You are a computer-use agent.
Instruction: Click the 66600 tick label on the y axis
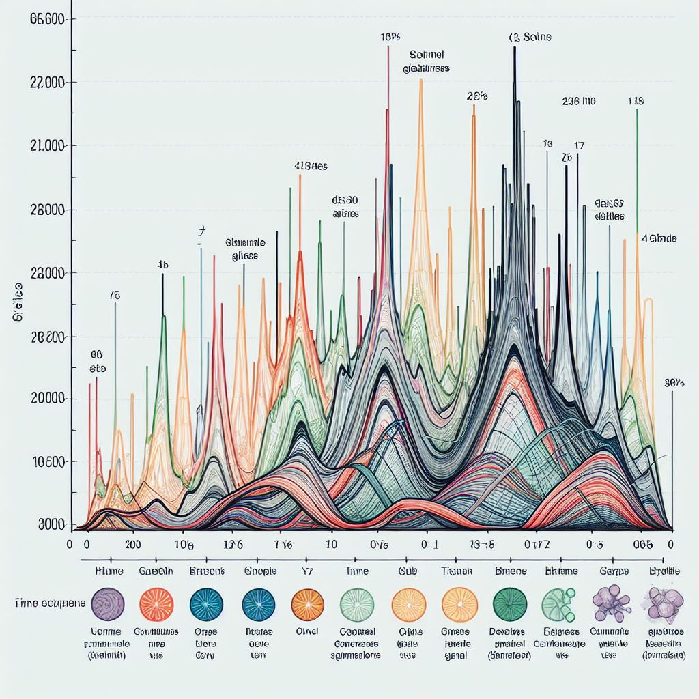click(x=48, y=19)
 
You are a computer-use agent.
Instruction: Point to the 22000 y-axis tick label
click(x=48, y=83)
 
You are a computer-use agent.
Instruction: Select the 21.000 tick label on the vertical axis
click(x=48, y=146)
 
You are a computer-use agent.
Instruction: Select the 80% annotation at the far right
click(x=674, y=383)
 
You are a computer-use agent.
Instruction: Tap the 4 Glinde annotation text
click(x=659, y=238)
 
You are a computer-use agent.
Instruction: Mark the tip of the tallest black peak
click(x=515, y=48)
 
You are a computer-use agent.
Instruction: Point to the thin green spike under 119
click(x=637, y=171)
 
